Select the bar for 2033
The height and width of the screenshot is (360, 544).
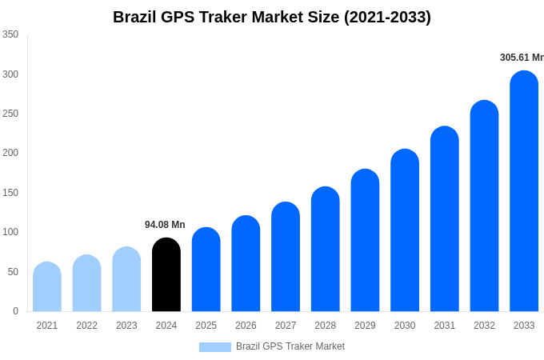click(524, 191)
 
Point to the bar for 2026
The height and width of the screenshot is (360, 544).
click(246, 263)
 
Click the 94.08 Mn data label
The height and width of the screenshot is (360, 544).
click(165, 225)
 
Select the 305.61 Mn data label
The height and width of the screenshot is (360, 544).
click(521, 58)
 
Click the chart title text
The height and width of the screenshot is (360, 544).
click(272, 17)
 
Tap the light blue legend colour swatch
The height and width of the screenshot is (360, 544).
click(214, 346)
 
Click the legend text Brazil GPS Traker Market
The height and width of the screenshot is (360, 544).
click(290, 346)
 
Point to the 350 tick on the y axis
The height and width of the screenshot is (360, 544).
click(10, 34)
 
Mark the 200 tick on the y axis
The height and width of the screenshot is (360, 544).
click(10, 153)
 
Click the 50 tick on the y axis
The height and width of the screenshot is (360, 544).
click(13, 272)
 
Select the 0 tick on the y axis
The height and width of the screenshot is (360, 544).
click(15, 311)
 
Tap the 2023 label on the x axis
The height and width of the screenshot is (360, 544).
click(126, 326)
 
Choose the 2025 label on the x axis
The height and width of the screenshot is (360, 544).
click(206, 326)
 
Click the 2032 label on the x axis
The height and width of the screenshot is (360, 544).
click(484, 326)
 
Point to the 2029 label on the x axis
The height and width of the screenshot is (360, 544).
click(365, 326)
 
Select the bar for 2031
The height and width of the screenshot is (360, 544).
click(445, 219)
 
